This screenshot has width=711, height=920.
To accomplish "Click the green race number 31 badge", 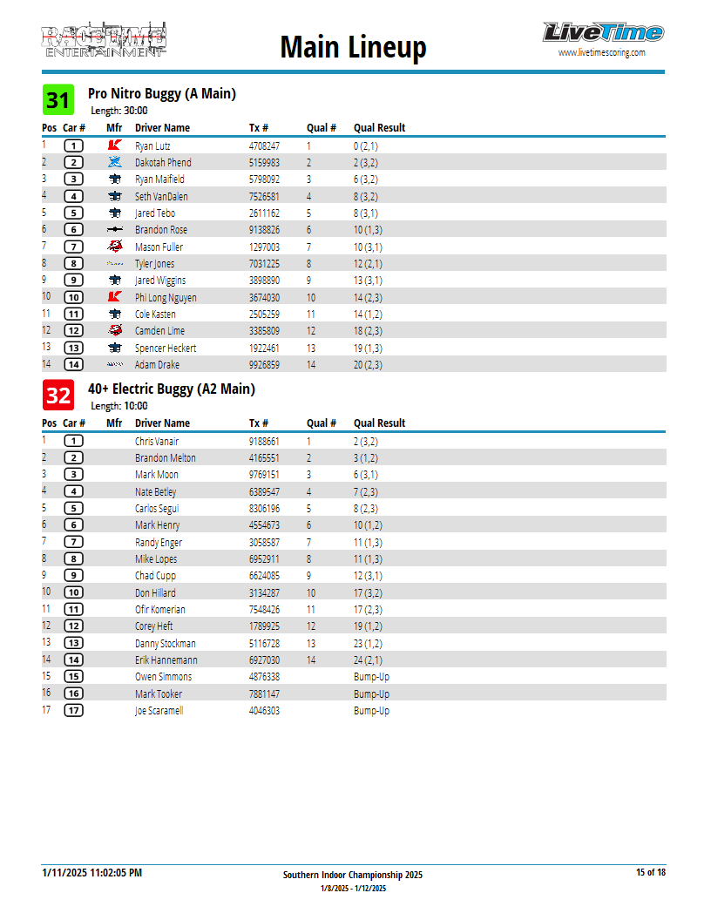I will click(58, 100).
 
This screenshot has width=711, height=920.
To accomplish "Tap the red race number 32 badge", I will click(58, 396).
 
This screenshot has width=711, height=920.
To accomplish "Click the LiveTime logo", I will click(602, 33).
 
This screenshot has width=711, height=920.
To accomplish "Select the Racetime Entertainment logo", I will click(104, 40).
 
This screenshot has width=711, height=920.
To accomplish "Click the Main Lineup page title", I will click(353, 47).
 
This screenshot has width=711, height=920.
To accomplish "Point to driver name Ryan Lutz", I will click(152, 146).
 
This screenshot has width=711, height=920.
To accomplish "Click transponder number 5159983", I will click(264, 163).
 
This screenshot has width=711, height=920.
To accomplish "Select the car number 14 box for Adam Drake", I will click(74, 365).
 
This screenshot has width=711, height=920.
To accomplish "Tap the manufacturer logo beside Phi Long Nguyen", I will click(114, 297).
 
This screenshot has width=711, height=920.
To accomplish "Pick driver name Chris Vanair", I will click(157, 442).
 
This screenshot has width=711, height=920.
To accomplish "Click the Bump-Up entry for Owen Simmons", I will click(371, 677).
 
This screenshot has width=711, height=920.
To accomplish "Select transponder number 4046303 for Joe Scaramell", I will click(264, 711).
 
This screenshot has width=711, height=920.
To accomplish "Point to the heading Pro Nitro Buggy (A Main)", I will click(162, 93).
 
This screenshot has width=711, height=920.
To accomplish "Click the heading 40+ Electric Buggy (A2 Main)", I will click(172, 389).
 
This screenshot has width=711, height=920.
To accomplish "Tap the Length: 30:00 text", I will click(119, 111).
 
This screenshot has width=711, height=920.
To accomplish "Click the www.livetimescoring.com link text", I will click(602, 52).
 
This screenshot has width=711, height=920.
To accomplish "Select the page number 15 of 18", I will click(650, 872).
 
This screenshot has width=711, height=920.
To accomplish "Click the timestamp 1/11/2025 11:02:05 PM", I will click(91, 872).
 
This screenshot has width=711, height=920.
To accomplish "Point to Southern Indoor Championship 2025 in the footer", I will click(353, 875).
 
